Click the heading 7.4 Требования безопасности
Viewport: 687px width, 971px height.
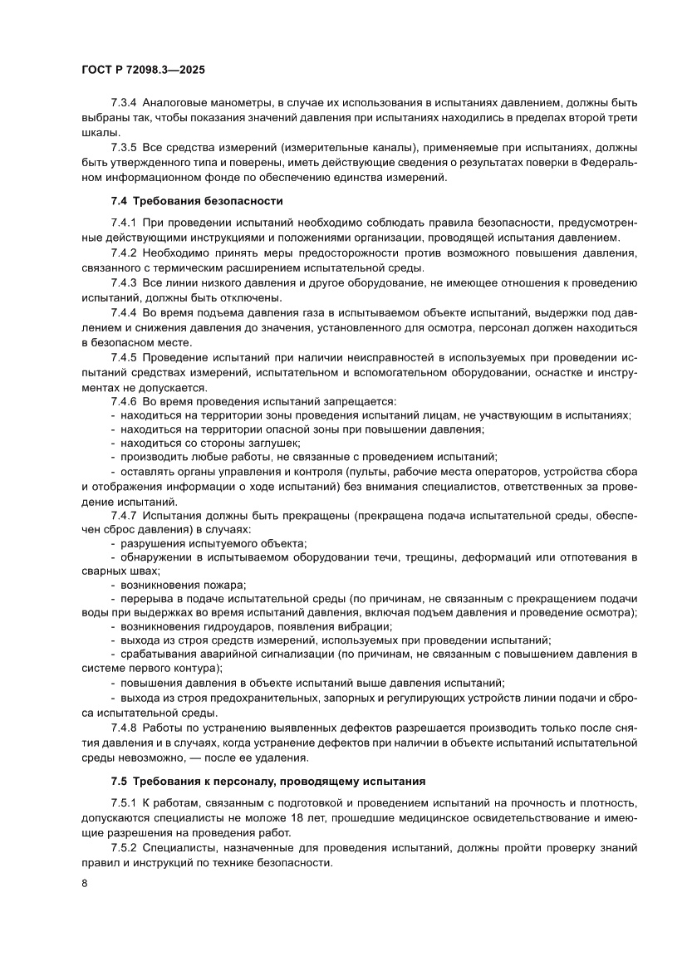click(x=197, y=200)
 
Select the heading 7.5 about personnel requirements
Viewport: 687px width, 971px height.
click(x=267, y=782)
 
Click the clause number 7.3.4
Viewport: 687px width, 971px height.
click(x=124, y=103)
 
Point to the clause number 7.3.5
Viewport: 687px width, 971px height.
click(x=124, y=148)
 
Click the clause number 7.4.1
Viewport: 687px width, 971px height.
click(x=124, y=223)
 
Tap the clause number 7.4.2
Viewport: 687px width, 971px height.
click(x=124, y=253)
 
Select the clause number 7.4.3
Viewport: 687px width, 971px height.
click(x=124, y=282)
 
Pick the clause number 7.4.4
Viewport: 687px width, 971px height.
click(x=124, y=312)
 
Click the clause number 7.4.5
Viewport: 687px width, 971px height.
click(x=124, y=357)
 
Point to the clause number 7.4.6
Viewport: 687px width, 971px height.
click(x=124, y=401)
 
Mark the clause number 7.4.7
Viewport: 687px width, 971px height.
click(x=124, y=515)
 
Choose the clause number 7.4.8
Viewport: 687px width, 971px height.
click(x=124, y=728)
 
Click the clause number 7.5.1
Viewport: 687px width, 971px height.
click(x=124, y=804)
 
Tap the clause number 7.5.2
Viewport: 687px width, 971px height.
click(x=124, y=848)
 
